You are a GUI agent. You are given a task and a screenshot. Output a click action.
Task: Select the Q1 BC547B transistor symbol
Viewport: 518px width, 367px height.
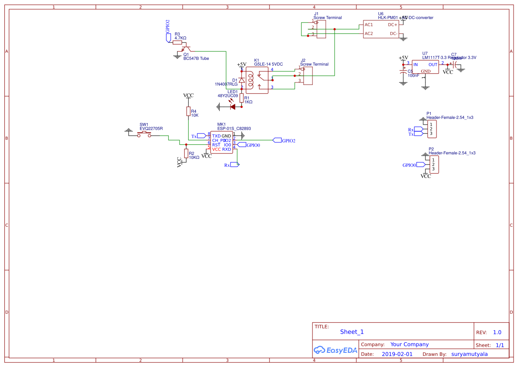pos(188,48)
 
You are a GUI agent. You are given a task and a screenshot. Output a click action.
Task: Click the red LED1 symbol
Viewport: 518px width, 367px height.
pos(232,107)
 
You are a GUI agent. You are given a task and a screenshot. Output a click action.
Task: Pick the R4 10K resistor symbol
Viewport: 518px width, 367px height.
pos(188,111)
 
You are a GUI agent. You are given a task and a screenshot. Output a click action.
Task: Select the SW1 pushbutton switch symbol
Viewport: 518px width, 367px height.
pos(144,134)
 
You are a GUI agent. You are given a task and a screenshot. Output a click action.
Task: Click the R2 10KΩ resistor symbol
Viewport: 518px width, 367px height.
pos(186,153)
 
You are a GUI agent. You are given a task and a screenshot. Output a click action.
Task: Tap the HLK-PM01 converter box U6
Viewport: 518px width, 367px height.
pos(381,29)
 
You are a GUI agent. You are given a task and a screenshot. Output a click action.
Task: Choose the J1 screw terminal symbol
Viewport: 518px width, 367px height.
pos(321,29)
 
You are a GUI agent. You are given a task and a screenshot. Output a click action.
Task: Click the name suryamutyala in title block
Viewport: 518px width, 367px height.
pos(469,354)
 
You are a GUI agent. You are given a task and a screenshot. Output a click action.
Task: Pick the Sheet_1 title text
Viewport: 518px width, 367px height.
pos(352,332)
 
